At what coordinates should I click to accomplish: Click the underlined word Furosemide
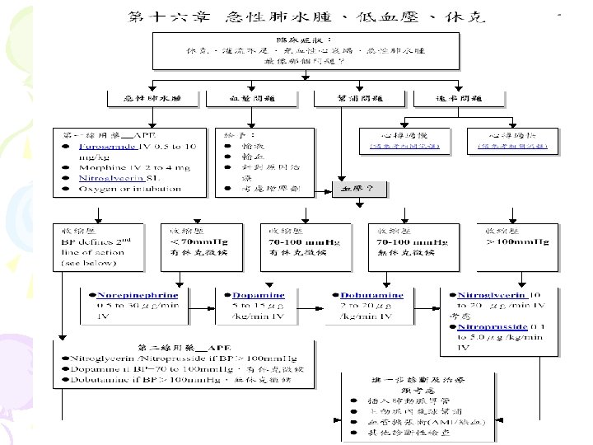click(108, 146)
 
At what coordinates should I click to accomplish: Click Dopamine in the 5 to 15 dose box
click(250, 294)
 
